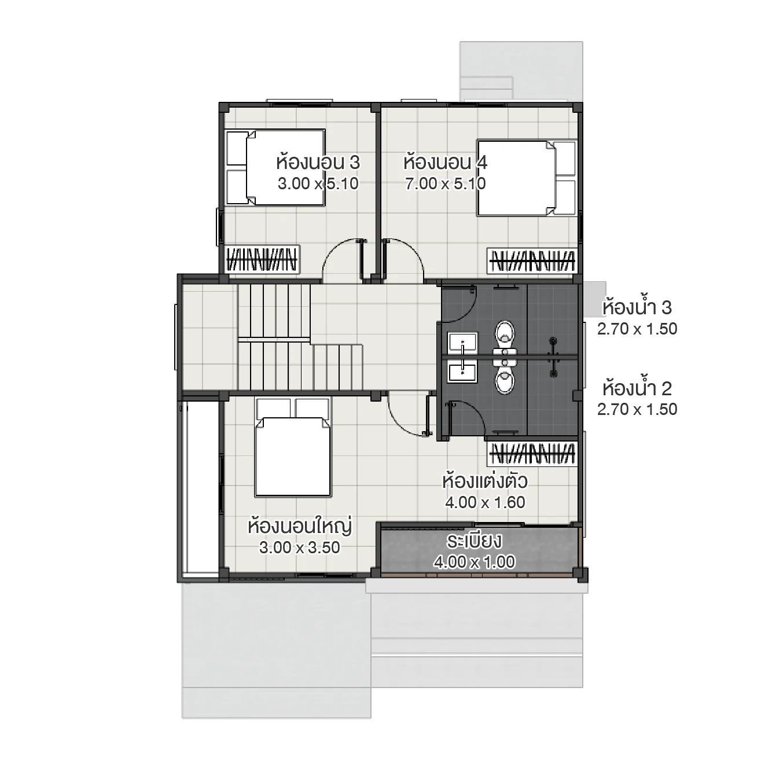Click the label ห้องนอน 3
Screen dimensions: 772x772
coord(318,162)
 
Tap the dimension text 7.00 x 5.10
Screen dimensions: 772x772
coord(445,184)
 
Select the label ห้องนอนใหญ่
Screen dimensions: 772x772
coord(299,527)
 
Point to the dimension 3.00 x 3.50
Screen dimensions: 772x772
coord(299,547)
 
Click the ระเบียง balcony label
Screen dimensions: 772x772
coord(474,542)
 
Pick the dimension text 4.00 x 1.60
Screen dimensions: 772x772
coord(485,502)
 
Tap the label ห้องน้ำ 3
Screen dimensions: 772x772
coord(637,307)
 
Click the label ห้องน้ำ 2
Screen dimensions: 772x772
coord(637,388)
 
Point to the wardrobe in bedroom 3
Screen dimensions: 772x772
coord(262,259)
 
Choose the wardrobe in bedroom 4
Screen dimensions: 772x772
coord(532,260)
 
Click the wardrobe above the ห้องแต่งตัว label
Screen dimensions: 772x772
coord(532,454)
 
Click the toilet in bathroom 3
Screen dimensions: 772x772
coord(505,334)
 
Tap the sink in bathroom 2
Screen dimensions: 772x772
coord(462,371)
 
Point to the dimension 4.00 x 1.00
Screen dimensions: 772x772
coord(474,562)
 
